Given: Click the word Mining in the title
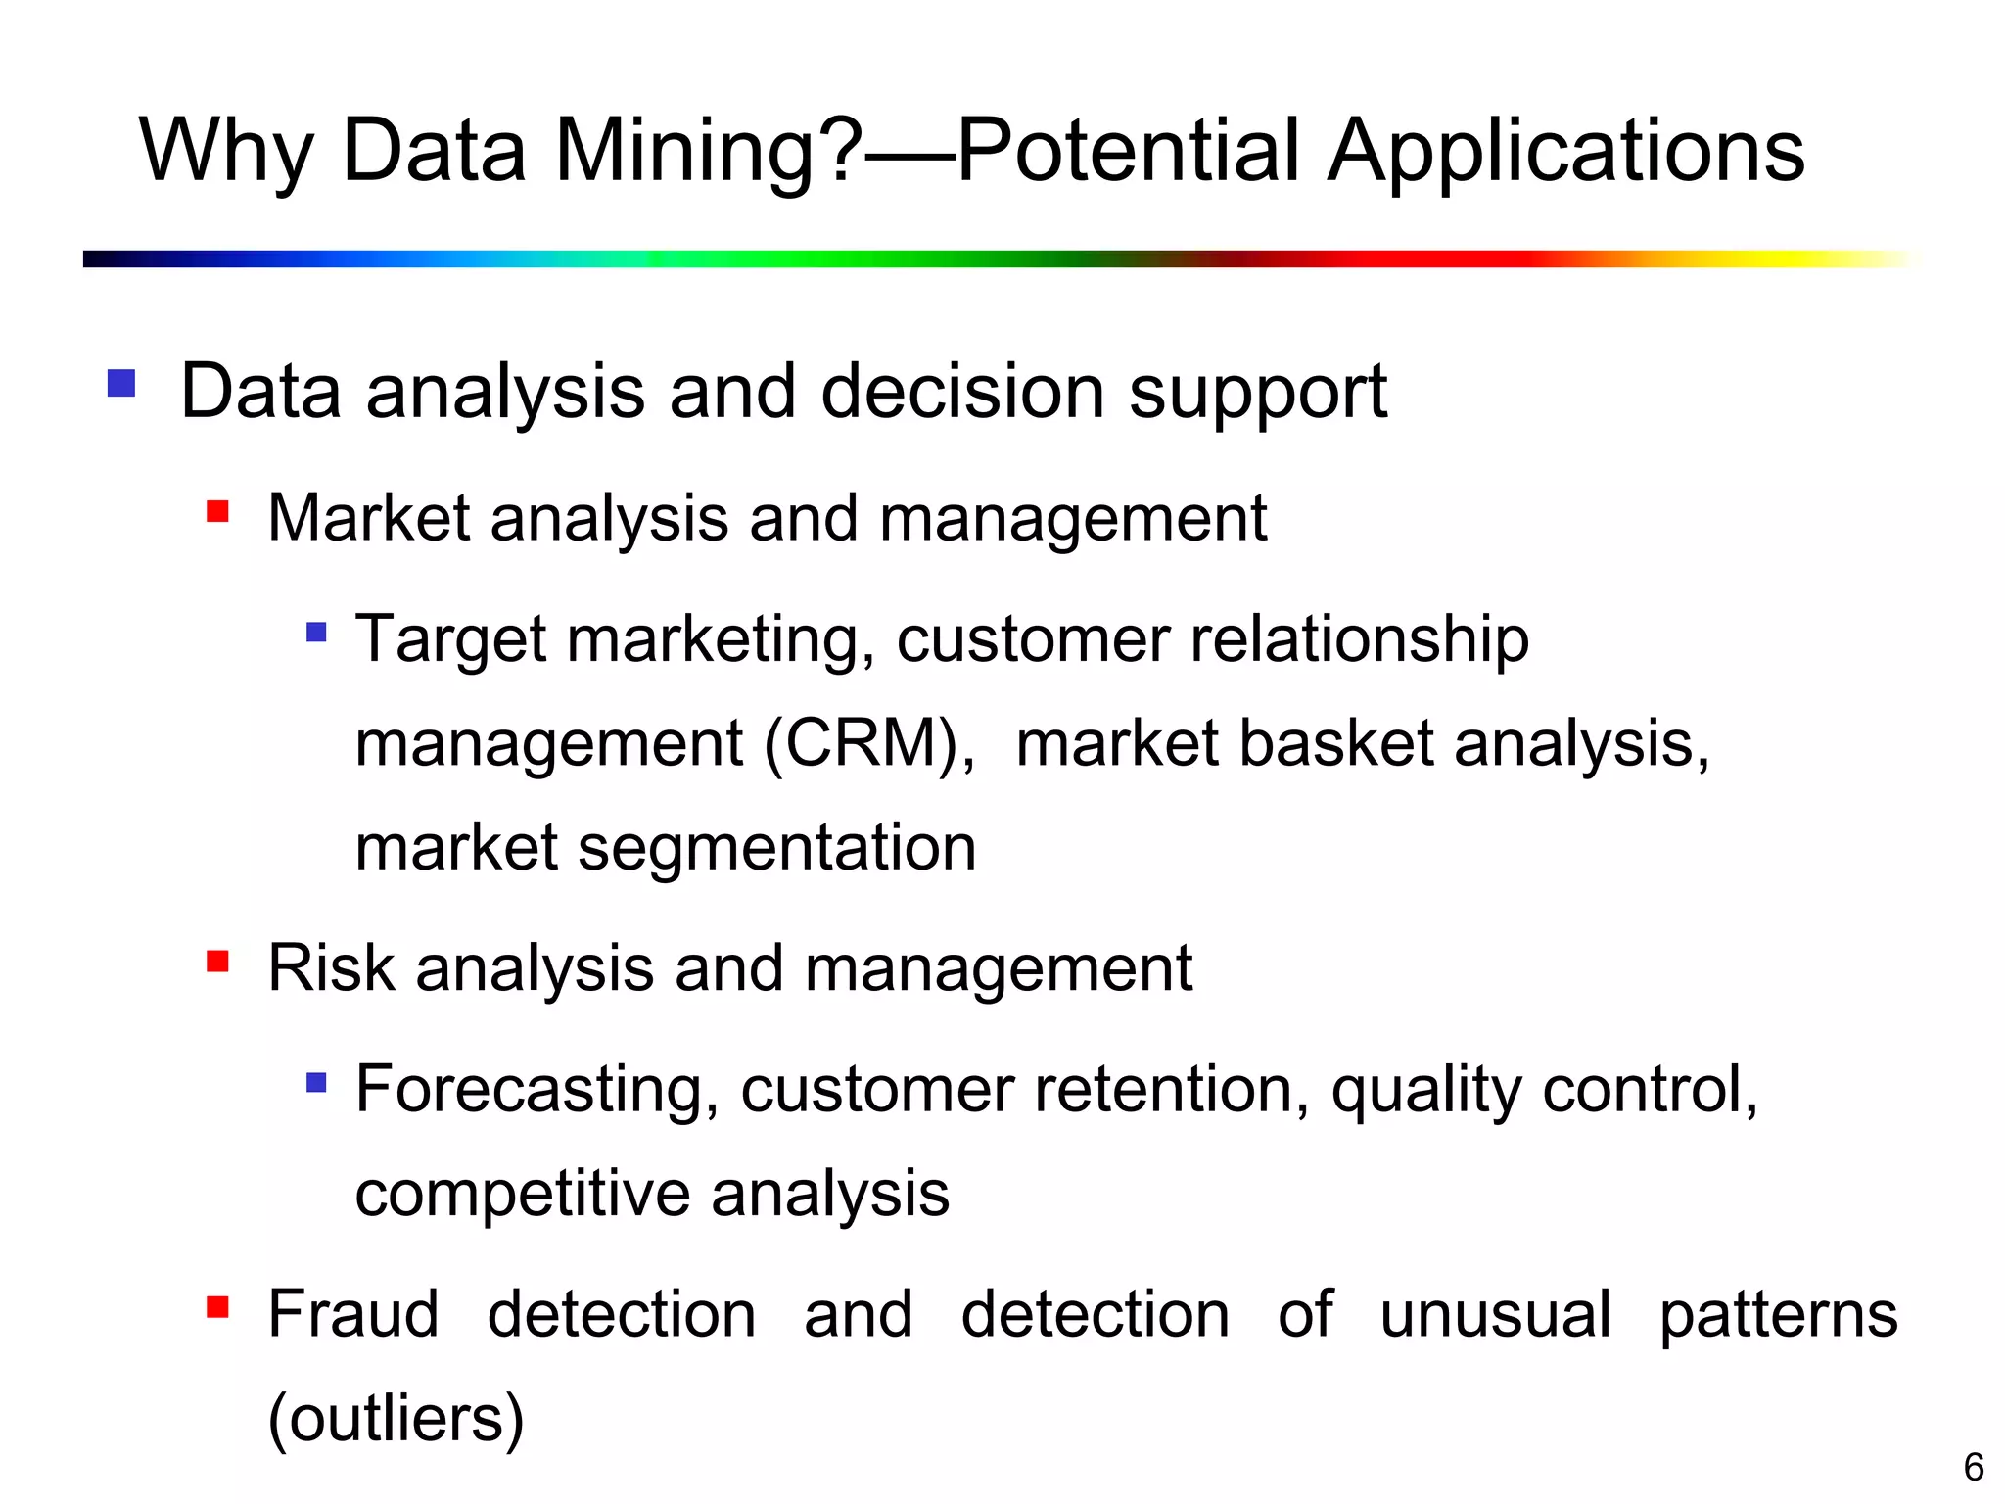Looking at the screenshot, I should click(708, 152).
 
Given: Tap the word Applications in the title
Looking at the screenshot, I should click(1565, 152).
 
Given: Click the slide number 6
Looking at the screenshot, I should click(1973, 1467).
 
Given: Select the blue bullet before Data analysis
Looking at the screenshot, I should click(121, 383).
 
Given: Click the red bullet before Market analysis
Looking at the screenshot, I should click(217, 511).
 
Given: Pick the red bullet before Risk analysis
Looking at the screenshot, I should click(217, 962).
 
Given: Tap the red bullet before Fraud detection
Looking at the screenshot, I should click(217, 1307).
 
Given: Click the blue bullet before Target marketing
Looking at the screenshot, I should click(315, 632).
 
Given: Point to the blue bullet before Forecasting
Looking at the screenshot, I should click(315, 1082).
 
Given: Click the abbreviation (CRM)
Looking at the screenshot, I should click(869, 744).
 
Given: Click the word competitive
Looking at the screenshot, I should click(523, 1195).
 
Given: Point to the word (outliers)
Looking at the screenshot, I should click(396, 1419).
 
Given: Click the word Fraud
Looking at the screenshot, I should click(353, 1314).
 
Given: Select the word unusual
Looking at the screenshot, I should click(1494, 1314).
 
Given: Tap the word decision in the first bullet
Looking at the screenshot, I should click(961, 392).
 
